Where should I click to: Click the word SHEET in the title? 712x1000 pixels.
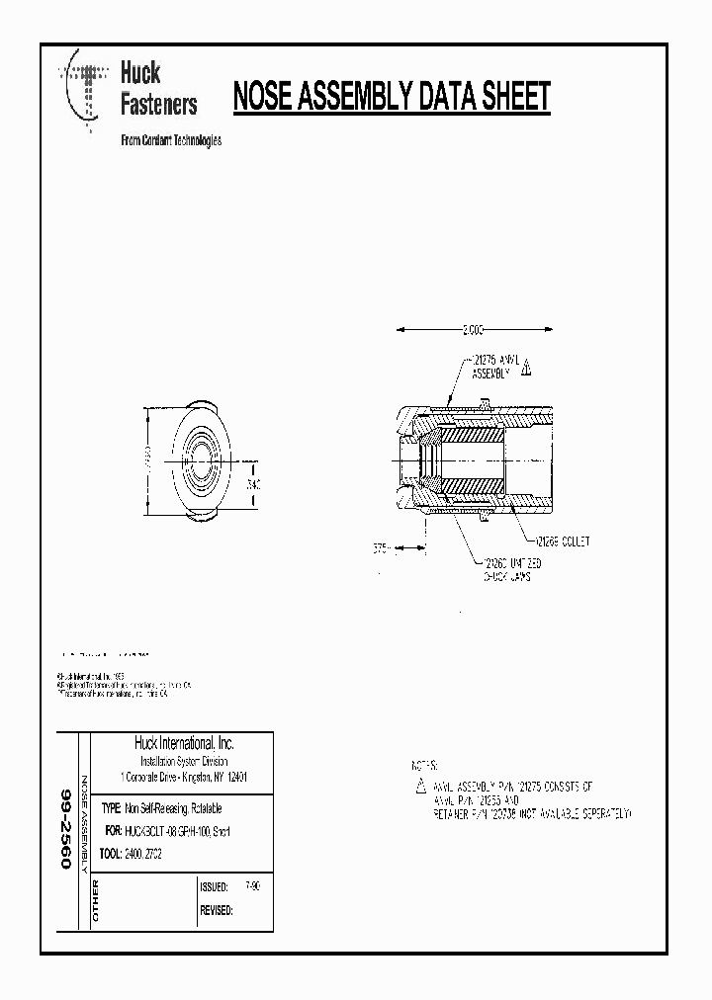(x=501, y=98)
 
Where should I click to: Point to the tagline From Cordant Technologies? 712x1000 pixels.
(x=170, y=140)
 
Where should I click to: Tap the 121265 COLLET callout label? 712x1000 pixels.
(x=561, y=542)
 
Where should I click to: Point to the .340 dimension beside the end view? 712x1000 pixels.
(x=253, y=485)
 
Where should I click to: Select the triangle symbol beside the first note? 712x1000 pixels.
(x=420, y=787)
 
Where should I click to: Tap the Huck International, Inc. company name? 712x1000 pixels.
(x=184, y=743)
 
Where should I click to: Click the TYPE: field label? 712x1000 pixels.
(x=111, y=808)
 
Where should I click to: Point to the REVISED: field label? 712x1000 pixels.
(x=217, y=910)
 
